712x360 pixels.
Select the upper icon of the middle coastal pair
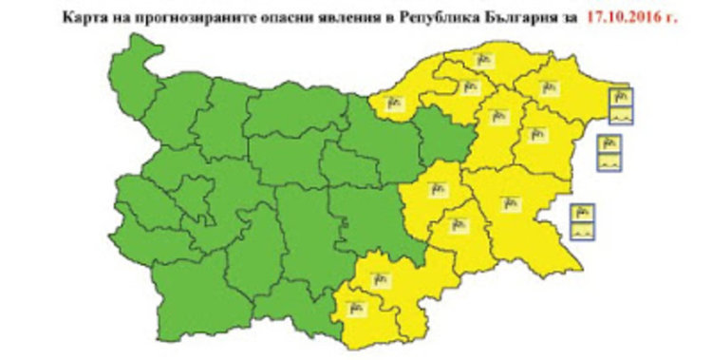608,144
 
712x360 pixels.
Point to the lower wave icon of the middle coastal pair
608,162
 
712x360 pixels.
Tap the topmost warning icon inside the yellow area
482,61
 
